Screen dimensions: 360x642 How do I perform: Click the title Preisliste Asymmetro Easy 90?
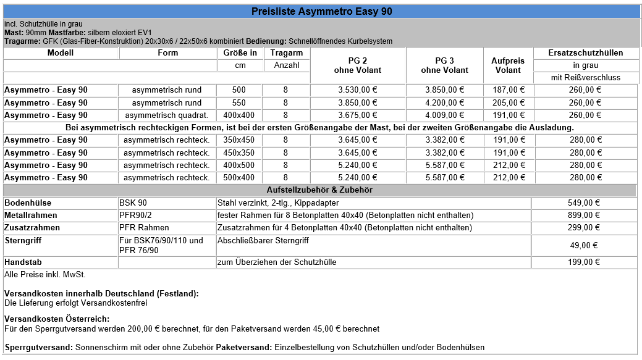pos(321,11)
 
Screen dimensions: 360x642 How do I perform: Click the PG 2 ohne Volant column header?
pos(357,65)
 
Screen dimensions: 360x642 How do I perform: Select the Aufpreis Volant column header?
pos(508,65)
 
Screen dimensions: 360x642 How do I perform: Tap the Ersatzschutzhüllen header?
pos(585,53)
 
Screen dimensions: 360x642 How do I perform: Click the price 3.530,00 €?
pos(357,90)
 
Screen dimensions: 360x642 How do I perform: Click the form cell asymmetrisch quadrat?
pos(167,115)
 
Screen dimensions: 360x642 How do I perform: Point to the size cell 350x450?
pos(239,140)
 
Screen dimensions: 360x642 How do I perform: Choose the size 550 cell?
pos(239,103)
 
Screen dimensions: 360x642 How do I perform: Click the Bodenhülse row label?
pos(28,203)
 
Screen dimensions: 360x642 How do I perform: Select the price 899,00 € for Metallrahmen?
pos(583,216)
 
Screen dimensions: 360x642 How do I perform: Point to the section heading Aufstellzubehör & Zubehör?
pos(319,190)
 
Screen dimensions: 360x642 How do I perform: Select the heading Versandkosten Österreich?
pos(57,319)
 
